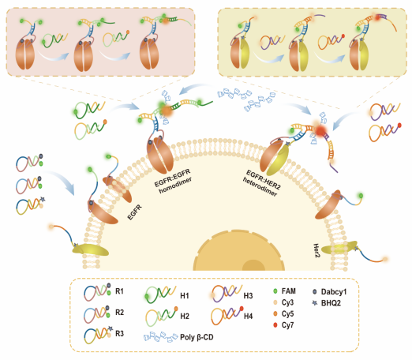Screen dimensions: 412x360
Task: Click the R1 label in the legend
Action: point(119,291)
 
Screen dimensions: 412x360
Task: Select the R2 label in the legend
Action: point(119,313)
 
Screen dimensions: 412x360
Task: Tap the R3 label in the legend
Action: point(119,334)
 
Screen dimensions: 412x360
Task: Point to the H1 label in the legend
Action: point(185,296)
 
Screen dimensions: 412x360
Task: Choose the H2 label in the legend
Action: point(185,316)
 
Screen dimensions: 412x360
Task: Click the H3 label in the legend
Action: point(248,296)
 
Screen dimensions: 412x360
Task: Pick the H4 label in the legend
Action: point(248,316)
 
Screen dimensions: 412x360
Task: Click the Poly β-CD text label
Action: point(197,337)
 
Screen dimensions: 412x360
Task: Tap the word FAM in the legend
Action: point(289,291)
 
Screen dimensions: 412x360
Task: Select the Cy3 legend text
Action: point(287,302)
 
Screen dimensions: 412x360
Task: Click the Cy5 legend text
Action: point(287,314)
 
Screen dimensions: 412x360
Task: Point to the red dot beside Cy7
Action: point(275,325)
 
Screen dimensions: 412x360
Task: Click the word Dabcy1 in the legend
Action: point(334,292)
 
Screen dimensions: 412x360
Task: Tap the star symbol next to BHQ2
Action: point(315,303)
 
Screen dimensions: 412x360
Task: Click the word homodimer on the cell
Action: point(175,185)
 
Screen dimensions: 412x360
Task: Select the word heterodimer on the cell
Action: point(260,187)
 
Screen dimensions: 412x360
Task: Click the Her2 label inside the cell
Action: point(316,250)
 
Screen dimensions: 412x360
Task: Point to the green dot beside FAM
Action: point(275,291)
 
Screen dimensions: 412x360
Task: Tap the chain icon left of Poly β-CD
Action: point(161,336)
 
